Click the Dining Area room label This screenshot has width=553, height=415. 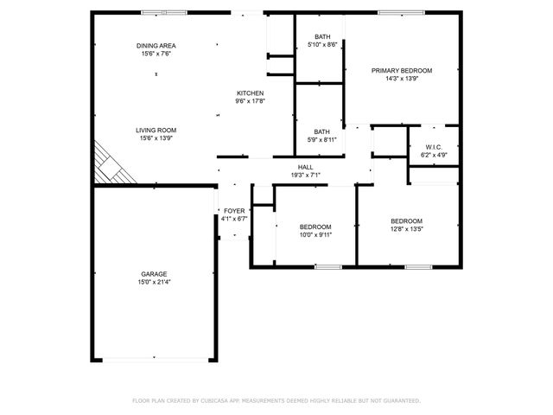pyautogui.click(x=156, y=46)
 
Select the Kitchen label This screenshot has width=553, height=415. pyautogui.click(x=250, y=93)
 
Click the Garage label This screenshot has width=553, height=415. pyautogui.click(x=155, y=274)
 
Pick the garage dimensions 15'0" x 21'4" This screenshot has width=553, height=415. pyautogui.click(x=155, y=282)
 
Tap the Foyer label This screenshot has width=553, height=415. pyautogui.click(x=234, y=211)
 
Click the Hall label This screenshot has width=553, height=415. pyautogui.click(x=306, y=167)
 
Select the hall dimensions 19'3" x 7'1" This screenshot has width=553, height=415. pyautogui.click(x=306, y=175)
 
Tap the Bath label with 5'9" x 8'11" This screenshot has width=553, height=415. pyautogui.click(x=321, y=131)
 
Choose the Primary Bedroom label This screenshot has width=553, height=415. pyautogui.click(x=402, y=70)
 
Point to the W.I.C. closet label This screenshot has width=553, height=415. pyautogui.click(x=431, y=148)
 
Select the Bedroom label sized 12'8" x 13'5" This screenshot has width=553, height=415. pyautogui.click(x=406, y=221)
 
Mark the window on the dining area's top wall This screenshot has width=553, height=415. pyautogui.click(x=163, y=13)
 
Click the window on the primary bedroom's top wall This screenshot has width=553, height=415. pyautogui.click(x=395, y=13)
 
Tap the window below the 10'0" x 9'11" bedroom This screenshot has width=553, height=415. pyautogui.click(x=328, y=267)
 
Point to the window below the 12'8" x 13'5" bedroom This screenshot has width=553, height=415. pyautogui.click(x=418, y=267)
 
